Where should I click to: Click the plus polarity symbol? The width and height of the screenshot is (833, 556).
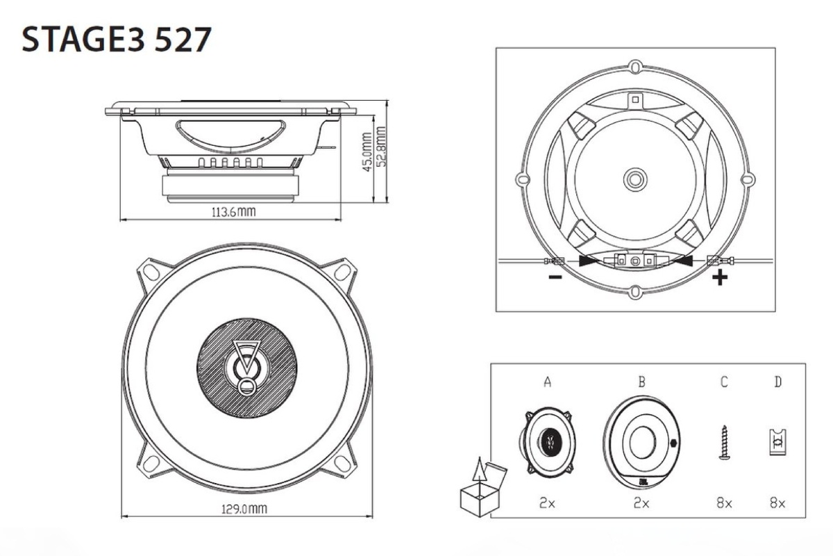pyautogui.click(x=721, y=278)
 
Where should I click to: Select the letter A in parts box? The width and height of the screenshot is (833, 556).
pyautogui.click(x=548, y=382)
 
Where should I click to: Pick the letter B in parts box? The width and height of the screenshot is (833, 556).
pyautogui.click(x=641, y=382)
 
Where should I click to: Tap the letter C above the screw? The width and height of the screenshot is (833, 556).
pyautogui.click(x=723, y=382)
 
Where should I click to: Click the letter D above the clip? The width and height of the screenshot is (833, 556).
pyautogui.click(x=777, y=382)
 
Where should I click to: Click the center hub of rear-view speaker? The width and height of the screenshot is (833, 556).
pyautogui.click(x=634, y=178)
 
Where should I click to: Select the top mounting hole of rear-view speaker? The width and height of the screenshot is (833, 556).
pyautogui.click(x=635, y=67)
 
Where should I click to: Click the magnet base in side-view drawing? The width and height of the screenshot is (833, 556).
pyautogui.click(x=231, y=188)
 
